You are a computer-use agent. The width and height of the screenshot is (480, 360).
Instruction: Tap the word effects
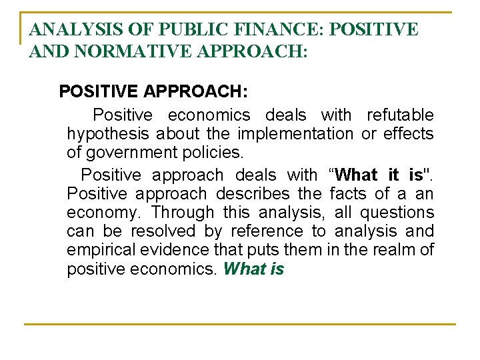[408, 134]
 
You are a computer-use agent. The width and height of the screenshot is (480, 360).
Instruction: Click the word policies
[214, 153]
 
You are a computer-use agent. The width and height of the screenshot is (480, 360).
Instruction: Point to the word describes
[253, 194]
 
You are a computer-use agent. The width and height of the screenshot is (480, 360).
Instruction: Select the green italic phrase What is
[254, 269]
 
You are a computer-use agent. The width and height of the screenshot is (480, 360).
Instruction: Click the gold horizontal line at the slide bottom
[240, 324]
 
